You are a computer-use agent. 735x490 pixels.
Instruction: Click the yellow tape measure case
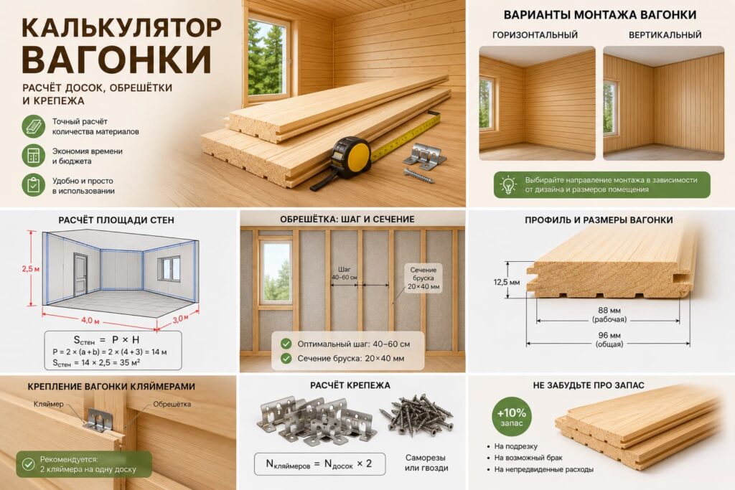tap(352, 157)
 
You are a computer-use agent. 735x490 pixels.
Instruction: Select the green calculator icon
tap(33, 156)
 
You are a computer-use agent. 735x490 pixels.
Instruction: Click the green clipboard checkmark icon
tap(33, 185)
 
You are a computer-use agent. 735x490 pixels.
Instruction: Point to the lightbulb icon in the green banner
tap(508, 184)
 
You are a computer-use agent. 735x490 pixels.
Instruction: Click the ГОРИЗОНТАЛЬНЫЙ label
tap(535, 35)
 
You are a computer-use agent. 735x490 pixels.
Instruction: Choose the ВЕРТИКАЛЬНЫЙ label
tap(665, 35)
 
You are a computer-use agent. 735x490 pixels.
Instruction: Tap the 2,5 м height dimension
tap(30, 269)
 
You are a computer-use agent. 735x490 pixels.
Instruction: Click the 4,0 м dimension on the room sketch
tap(90, 321)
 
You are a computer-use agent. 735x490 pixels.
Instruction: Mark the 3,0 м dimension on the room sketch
tap(180, 319)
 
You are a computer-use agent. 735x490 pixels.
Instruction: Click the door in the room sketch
tap(80, 275)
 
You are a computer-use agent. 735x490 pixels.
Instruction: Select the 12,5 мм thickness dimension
tap(506, 283)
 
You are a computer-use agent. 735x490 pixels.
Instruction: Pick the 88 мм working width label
tap(609, 314)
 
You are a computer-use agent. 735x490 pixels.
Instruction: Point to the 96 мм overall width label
tap(609, 339)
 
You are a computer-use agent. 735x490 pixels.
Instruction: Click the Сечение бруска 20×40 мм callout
tap(423, 278)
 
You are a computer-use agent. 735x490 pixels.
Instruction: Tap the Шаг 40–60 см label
tap(344, 273)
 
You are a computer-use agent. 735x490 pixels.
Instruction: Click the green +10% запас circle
tap(511, 416)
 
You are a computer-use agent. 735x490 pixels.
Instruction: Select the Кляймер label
tap(48, 404)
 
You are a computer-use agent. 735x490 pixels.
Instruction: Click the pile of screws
tap(416, 414)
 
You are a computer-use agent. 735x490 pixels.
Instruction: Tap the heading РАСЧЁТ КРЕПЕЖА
tap(350, 385)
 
